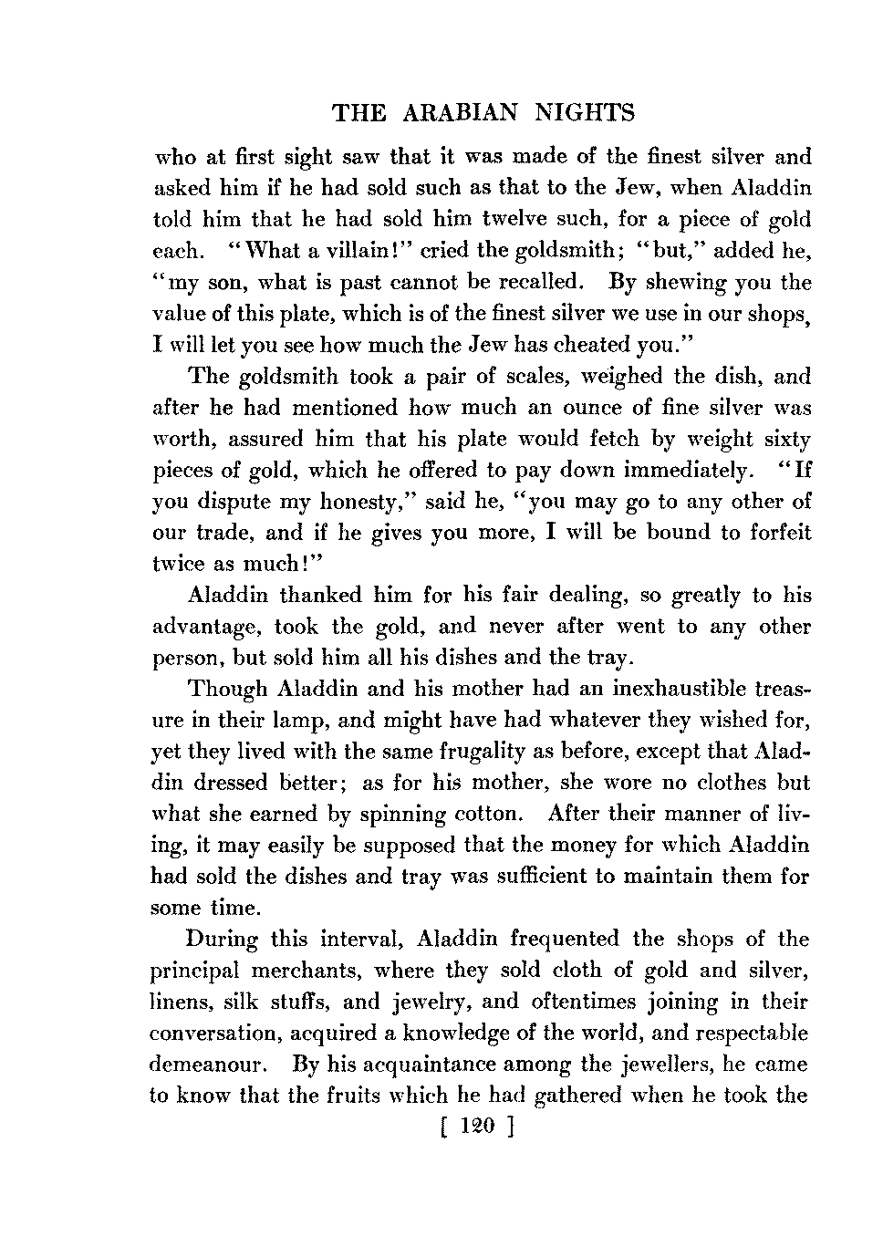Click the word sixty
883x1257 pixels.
click(784, 440)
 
